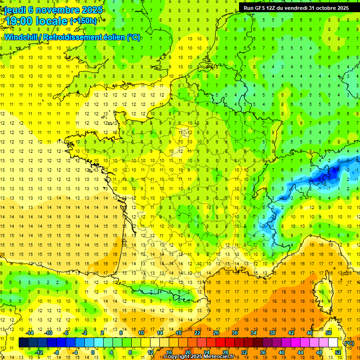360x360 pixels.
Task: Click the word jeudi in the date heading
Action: [x=16, y=9]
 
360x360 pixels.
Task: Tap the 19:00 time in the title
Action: [x=19, y=21]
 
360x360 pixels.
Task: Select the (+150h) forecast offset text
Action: [x=83, y=21]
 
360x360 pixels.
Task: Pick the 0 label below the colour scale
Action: [x=92, y=352]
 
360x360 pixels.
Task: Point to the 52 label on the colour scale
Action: [x=338, y=352]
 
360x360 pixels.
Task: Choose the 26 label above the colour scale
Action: [x=216, y=333]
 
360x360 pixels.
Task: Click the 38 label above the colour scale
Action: [x=272, y=333]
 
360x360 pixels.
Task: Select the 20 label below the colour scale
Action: [x=187, y=352]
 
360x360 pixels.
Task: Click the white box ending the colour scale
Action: [x=333, y=343]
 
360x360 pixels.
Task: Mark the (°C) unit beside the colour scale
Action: [x=349, y=343]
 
